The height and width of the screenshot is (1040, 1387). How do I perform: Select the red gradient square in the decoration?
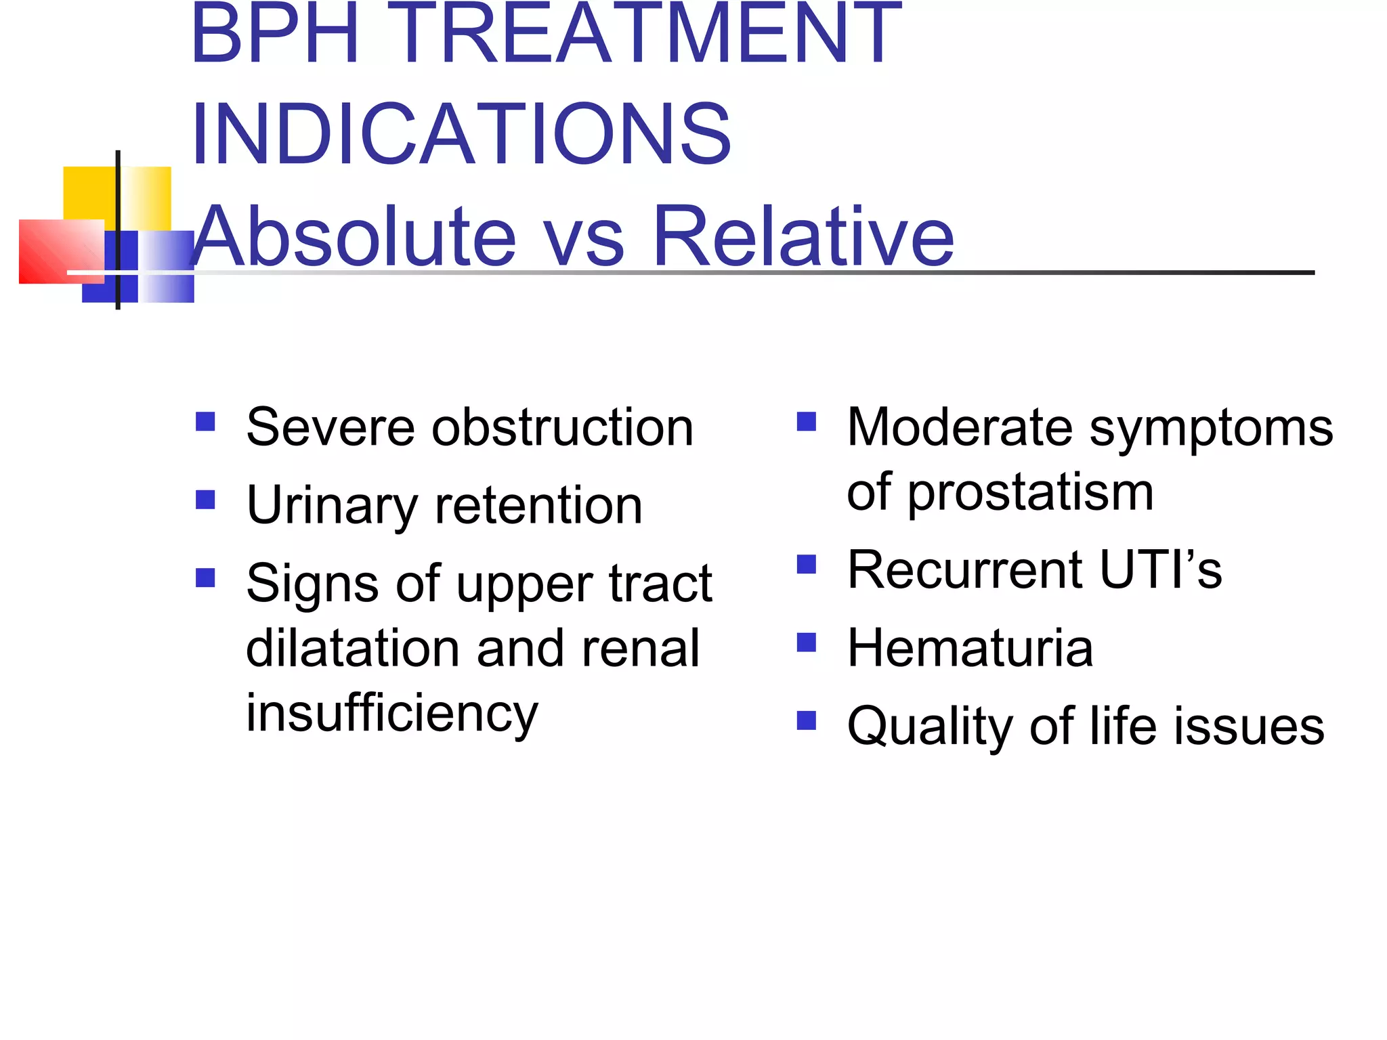click(61, 251)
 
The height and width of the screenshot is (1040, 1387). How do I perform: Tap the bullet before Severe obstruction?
click(205, 422)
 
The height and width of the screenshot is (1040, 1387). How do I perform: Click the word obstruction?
click(563, 428)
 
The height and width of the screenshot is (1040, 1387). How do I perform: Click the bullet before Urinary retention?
click(205, 500)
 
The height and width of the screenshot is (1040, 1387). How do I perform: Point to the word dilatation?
click(353, 649)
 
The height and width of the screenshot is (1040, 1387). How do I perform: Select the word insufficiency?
click(391, 714)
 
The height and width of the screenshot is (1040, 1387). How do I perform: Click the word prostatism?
click(1030, 493)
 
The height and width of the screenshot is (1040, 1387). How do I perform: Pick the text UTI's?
click(1160, 570)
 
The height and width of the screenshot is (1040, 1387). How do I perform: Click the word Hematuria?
click(970, 649)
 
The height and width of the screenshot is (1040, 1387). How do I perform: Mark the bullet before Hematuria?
click(807, 642)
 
